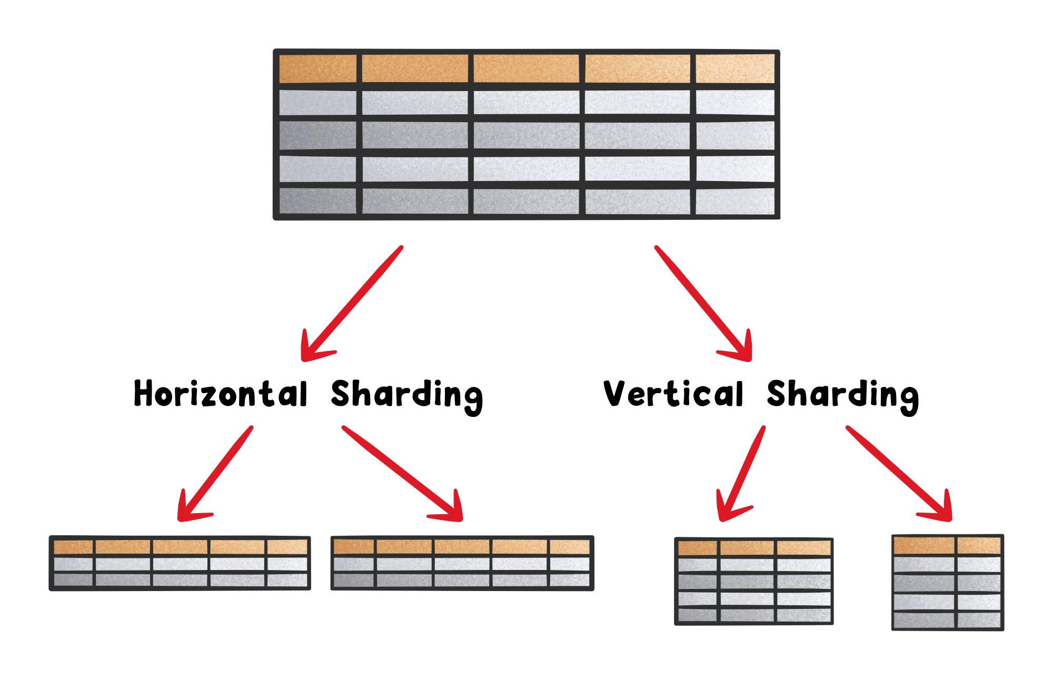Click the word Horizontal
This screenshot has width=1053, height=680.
tap(221, 394)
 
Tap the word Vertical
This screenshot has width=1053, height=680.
tap(673, 394)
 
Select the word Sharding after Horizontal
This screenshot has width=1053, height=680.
tap(406, 395)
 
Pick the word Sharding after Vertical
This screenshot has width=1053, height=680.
tap(842, 395)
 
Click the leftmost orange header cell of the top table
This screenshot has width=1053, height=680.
tap(317, 68)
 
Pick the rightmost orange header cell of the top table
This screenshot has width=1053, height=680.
tap(735, 68)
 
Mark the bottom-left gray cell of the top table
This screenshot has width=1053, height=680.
tap(317, 201)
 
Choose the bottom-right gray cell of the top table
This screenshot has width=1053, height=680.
tap(735, 201)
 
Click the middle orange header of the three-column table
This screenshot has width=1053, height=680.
tap(747, 548)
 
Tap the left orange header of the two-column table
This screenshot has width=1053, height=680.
tap(924, 545)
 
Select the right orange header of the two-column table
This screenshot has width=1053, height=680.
tap(979, 545)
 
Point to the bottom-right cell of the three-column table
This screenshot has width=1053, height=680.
tap(804, 615)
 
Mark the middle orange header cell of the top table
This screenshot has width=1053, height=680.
tap(526, 68)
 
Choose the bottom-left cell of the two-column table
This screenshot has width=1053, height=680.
tap(924, 620)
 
